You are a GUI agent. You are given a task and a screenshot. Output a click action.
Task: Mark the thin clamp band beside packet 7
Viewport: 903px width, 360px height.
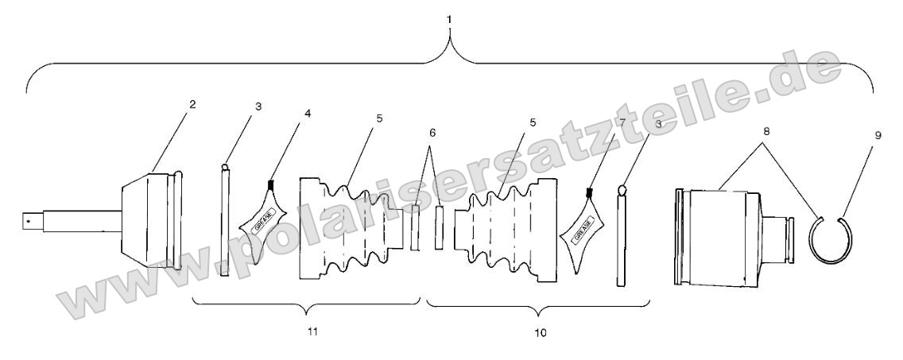pos(623,238)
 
